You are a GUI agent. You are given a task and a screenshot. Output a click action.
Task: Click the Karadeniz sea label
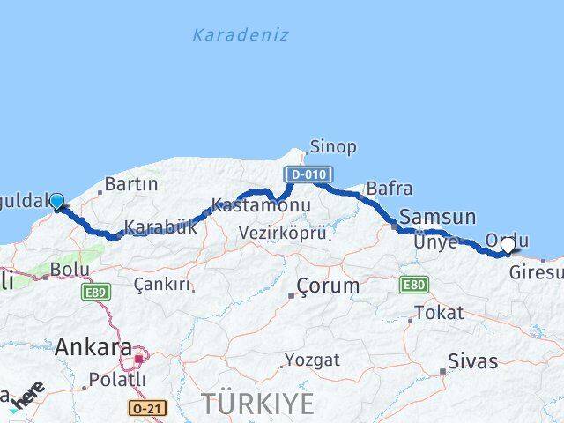[x=241, y=35]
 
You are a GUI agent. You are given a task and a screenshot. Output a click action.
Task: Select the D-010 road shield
[x=303, y=174]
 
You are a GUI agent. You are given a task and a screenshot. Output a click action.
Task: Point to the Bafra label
[x=389, y=188]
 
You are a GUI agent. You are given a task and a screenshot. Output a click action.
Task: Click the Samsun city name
[x=437, y=217]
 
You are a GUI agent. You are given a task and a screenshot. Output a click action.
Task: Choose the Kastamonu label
[x=249, y=206]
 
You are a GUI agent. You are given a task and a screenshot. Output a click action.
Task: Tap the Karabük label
[x=160, y=227]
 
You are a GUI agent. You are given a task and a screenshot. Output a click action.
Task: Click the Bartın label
[x=130, y=185]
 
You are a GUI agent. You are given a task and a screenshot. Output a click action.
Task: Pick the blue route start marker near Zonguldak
[x=57, y=202]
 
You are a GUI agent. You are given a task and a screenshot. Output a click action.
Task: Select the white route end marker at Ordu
[x=508, y=247]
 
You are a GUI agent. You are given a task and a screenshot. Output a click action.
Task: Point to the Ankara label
[x=93, y=347]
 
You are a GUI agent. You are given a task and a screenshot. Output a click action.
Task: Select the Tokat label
[x=438, y=313]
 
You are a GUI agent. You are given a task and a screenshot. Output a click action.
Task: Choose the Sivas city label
[x=472, y=361]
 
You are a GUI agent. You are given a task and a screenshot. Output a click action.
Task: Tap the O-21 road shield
[x=145, y=408]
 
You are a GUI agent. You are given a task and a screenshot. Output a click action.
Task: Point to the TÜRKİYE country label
[x=257, y=404]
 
